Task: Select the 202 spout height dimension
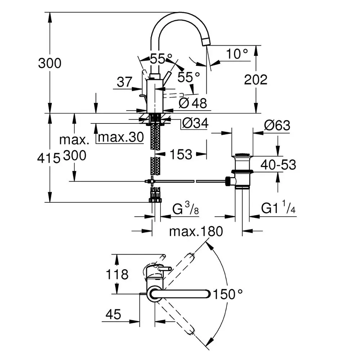[256, 80]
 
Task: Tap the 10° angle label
[237, 54]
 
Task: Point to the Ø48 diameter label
[193, 103]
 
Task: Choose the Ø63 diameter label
[277, 125]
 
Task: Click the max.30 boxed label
[121, 137]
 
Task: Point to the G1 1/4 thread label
[278, 208]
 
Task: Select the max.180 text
[196, 231]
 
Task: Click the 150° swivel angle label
[227, 294]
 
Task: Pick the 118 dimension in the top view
[117, 275]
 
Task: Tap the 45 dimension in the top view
[113, 315]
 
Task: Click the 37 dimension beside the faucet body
[125, 82]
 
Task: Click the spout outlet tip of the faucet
[207, 42]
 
